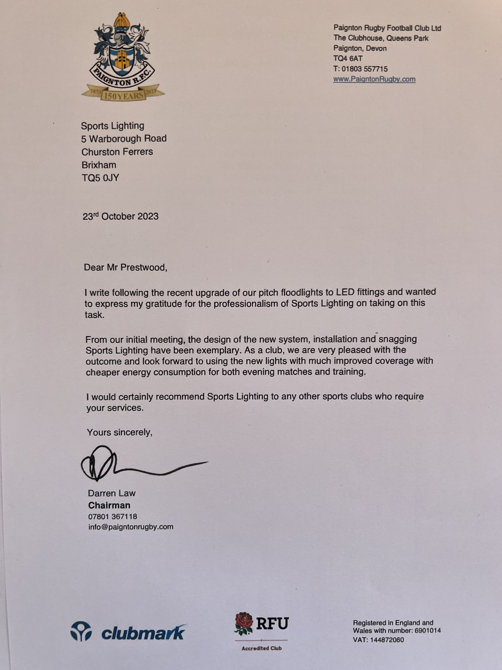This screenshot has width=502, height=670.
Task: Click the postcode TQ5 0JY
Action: (x=100, y=178)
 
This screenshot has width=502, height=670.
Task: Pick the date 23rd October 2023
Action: (x=121, y=216)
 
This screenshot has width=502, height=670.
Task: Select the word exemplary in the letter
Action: (x=217, y=350)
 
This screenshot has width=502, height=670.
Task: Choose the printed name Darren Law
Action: (x=112, y=493)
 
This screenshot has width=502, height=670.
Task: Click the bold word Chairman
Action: (x=109, y=505)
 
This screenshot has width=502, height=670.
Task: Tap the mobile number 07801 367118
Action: (x=113, y=516)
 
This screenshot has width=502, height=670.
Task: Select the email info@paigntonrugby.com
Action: (x=131, y=527)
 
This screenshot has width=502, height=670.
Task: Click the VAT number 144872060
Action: (x=387, y=640)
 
